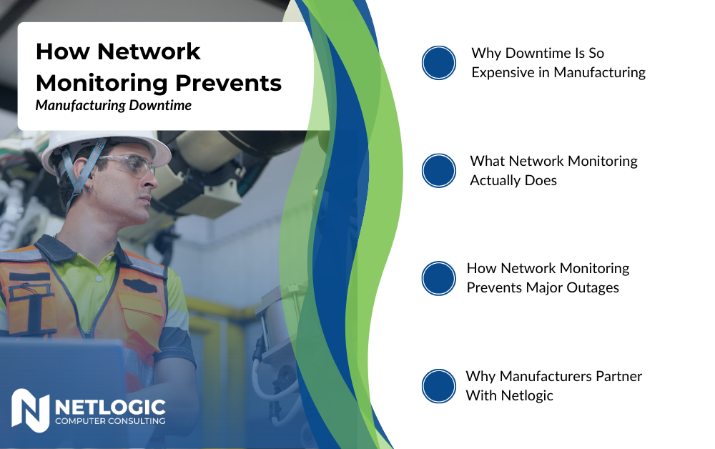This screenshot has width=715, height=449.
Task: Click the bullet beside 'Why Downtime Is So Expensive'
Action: coord(439,63)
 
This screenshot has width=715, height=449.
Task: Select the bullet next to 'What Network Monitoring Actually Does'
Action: coord(439,170)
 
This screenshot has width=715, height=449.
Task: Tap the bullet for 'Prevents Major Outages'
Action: coord(439,278)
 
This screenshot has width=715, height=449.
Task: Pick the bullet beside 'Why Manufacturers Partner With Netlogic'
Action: coord(439,386)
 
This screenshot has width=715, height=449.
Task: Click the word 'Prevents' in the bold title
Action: coord(229,83)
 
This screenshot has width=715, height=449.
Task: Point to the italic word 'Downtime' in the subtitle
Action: coord(160,105)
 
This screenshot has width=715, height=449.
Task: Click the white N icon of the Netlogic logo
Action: coord(31,410)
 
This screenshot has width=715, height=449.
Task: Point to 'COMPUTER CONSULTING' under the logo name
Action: coord(110,421)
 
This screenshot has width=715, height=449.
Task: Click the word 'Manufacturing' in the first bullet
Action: coord(600,72)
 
